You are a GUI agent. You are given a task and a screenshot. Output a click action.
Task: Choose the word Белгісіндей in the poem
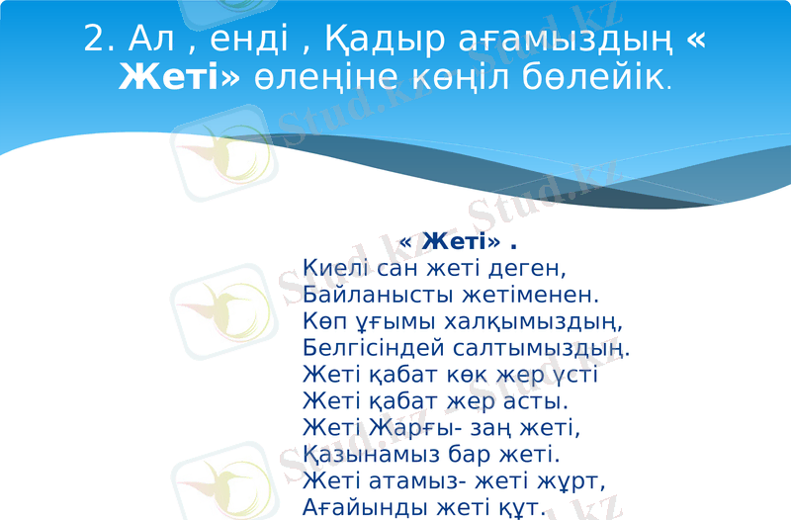tap(377, 348)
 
